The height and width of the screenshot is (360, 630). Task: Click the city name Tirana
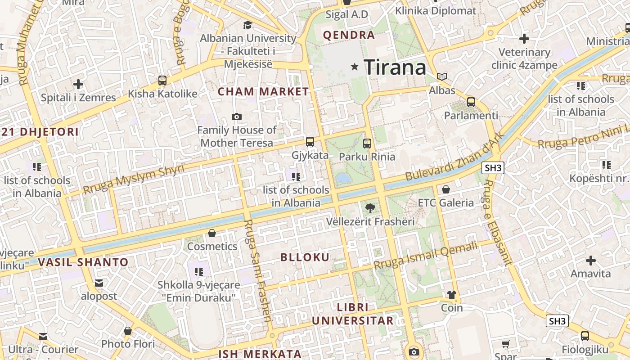point(395,67)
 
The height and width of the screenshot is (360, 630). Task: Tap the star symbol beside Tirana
point(355,67)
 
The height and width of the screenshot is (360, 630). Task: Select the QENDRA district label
point(349,35)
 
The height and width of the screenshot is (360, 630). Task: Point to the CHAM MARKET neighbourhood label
point(263,92)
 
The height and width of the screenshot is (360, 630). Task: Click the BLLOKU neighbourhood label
point(305,257)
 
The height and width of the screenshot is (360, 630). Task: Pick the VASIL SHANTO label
point(83,262)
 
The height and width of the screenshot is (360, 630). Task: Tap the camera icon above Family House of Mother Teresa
point(237,117)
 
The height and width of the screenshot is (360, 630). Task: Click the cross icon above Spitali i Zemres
point(78,84)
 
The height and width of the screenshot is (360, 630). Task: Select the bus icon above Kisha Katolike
point(162,81)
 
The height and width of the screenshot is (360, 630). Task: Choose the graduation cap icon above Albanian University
point(247,25)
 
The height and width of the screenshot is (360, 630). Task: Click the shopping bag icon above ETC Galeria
point(446,189)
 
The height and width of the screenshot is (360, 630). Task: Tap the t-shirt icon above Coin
point(452,295)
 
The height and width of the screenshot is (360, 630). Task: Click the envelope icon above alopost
point(99,283)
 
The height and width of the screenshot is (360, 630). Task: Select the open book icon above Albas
point(442,77)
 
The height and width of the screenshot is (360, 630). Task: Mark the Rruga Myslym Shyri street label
point(134,180)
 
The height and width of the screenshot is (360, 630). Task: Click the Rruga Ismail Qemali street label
point(425,256)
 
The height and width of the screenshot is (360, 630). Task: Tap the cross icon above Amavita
point(591,261)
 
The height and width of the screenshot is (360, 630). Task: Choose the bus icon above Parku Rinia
point(367,144)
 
